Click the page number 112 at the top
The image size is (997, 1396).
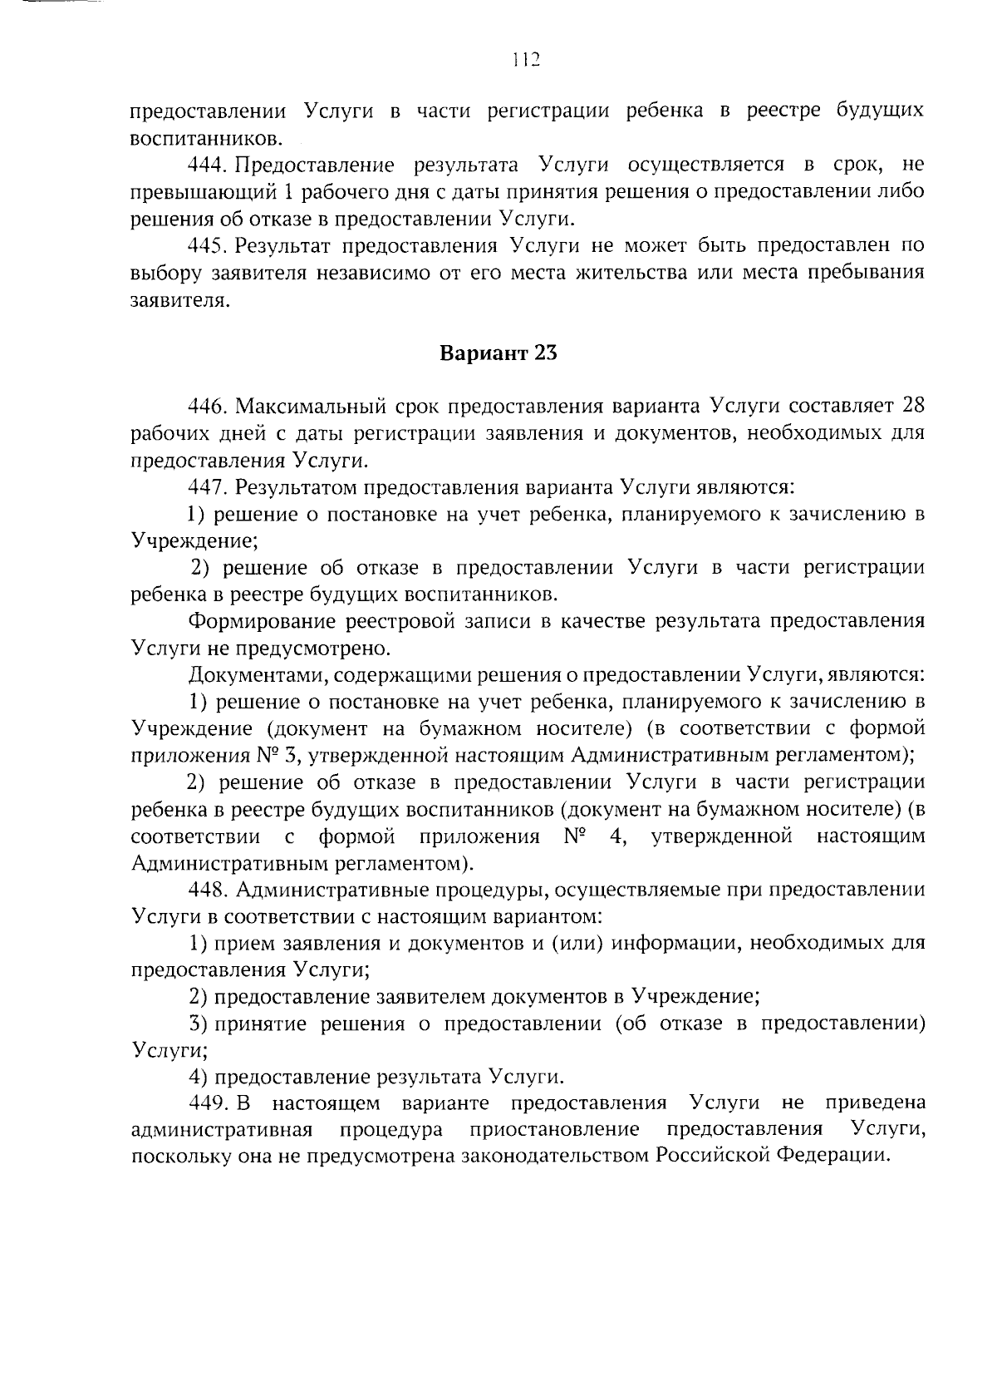point(526,59)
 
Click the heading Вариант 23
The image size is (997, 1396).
point(498,353)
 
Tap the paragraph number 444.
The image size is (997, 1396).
point(207,165)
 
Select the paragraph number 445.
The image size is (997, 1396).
point(207,246)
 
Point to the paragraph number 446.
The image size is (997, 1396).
point(207,407)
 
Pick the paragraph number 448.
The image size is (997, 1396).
point(207,890)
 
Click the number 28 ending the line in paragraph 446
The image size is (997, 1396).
point(912,406)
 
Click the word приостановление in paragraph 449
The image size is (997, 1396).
point(554,1130)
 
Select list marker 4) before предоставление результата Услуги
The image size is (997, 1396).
point(197,1078)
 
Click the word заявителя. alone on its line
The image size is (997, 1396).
point(179,300)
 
